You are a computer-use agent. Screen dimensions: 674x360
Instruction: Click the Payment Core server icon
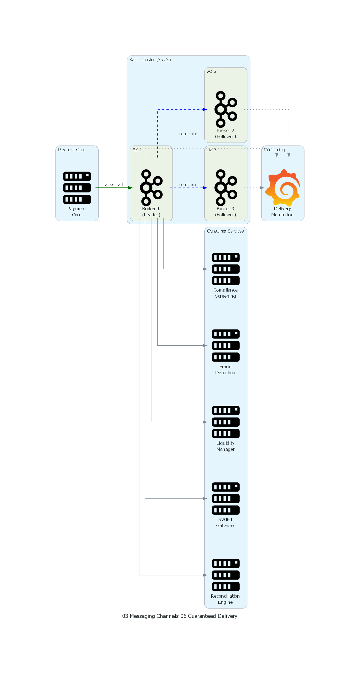pos(77,188)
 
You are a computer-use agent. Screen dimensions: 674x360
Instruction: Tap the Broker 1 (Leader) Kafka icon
pos(151,188)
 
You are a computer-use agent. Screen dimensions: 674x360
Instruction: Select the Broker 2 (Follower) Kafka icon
pos(226,109)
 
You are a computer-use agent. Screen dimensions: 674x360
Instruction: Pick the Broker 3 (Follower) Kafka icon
pos(226,188)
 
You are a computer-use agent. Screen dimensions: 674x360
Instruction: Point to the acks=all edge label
pos(114,184)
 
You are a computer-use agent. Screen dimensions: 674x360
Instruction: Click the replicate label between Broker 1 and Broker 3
pos(188,184)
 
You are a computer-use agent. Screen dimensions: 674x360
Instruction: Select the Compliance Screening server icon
pos(226,269)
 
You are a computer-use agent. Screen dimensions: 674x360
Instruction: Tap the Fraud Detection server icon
pos(226,345)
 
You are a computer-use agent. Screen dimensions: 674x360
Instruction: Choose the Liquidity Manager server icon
pos(226,422)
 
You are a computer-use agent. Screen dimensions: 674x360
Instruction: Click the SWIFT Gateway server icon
pos(226,499)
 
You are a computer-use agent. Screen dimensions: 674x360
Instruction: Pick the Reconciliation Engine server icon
pos(226,575)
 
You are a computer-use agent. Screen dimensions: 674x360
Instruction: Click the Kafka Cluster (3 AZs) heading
pos(150,60)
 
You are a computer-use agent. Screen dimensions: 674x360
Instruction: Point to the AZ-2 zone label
pos(212,71)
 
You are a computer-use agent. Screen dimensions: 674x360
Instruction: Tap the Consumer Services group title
pos(225,231)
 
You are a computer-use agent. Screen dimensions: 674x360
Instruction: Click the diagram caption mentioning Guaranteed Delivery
pos(180,616)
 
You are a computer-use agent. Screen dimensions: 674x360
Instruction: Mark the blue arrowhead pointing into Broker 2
pos(205,109)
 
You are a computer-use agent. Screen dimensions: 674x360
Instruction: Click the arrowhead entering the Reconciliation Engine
pos(205,575)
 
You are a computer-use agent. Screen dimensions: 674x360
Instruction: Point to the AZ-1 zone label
pos(137,150)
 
